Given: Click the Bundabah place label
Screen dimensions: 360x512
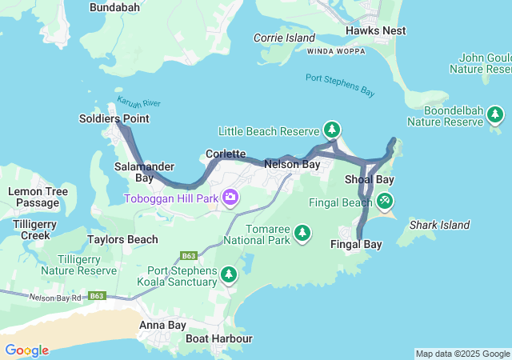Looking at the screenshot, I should click(115, 7).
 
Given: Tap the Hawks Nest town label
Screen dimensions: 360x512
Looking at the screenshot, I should click(375, 30).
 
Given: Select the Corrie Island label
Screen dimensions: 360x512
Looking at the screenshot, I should click(285, 38).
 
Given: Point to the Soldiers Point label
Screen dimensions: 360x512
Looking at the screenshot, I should click(114, 118).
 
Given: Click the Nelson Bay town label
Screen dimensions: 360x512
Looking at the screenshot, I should click(292, 164).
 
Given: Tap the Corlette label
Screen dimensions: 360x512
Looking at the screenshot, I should click(226, 153).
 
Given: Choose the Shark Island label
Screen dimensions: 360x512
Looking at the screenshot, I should click(439, 225).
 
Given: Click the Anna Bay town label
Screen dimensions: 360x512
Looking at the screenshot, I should click(162, 325).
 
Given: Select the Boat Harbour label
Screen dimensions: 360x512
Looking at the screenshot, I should click(218, 338).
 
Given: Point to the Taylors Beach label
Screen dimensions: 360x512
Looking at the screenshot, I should click(122, 239).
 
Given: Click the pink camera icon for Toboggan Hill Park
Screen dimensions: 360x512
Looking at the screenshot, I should click(230, 197).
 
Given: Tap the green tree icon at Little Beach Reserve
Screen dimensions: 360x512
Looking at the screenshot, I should click(331, 130).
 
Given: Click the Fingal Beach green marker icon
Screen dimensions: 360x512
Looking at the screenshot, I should click(385, 202).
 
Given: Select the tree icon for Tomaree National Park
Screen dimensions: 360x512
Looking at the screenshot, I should click(302, 233).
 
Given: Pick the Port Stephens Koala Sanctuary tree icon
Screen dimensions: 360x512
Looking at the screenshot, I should click(229, 275).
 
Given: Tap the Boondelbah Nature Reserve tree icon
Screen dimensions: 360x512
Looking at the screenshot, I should click(495, 117).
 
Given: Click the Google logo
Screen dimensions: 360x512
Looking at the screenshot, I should click(26, 350).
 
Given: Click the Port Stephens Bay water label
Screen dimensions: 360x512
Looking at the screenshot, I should click(340, 85).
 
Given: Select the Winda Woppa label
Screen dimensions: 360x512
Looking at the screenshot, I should click(335, 50).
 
